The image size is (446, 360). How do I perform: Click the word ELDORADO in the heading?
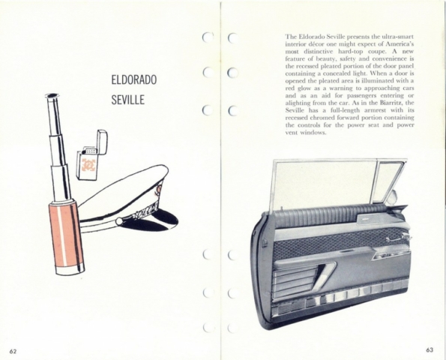click(133, 79)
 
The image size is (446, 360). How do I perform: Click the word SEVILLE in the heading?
click(127, 100)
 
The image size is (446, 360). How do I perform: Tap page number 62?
click(13, 351)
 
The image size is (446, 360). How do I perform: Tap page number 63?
click(430, 349)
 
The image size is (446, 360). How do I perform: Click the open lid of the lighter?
click(102, 142)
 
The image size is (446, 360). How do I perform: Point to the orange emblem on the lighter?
click(88, 165)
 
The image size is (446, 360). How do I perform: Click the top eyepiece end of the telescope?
click(52, 95)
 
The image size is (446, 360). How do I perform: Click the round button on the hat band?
click(119, 220)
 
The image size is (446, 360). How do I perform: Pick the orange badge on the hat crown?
click(158, 190)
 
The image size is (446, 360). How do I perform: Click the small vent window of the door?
click(388, 181)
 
